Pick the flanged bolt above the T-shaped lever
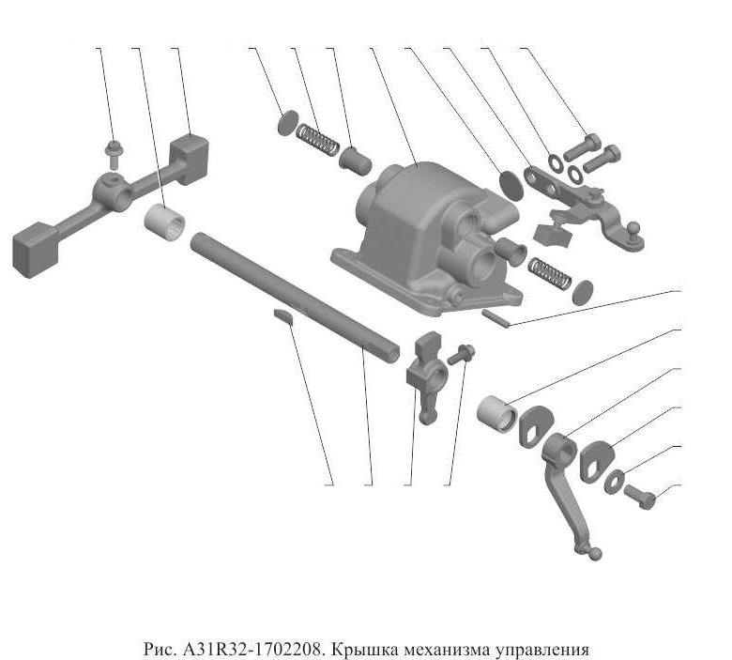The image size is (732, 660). click(112, 153)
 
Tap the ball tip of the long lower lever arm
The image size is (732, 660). click(594, 554)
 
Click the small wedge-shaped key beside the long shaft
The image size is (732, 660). click(283, 316)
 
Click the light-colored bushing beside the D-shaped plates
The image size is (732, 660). click(496, 414)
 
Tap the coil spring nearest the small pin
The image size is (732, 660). click(549, 274)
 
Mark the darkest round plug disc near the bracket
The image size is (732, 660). click(511, 186)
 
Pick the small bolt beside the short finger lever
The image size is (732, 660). click(461, 354)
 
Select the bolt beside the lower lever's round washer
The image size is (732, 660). click(640, 497)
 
